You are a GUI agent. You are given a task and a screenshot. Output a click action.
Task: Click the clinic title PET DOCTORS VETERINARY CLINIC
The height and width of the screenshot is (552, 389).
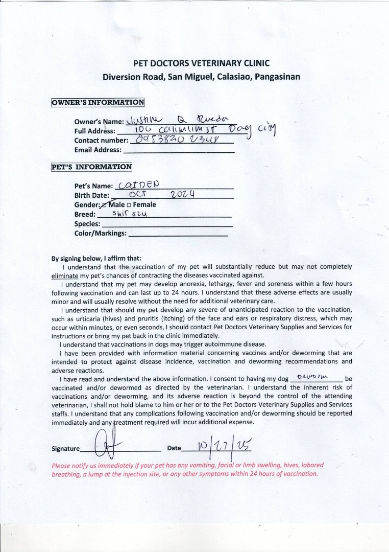(x=201, y=63)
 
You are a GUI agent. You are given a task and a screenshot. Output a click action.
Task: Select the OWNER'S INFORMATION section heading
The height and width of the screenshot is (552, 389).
(x=98, y=102)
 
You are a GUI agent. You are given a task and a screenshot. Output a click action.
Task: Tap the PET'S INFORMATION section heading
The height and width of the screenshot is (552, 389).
(x=91, y=167)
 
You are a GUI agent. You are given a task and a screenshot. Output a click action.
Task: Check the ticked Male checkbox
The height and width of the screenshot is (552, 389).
(x=106, y=204)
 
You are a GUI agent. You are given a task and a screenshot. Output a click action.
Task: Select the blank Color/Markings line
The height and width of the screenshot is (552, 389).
(x=178, y=234)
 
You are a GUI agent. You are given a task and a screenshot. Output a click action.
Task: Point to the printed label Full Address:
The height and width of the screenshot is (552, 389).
(x=94, y=131)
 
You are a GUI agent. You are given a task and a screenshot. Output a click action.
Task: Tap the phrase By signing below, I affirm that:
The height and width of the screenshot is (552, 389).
(x=96, y=258)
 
